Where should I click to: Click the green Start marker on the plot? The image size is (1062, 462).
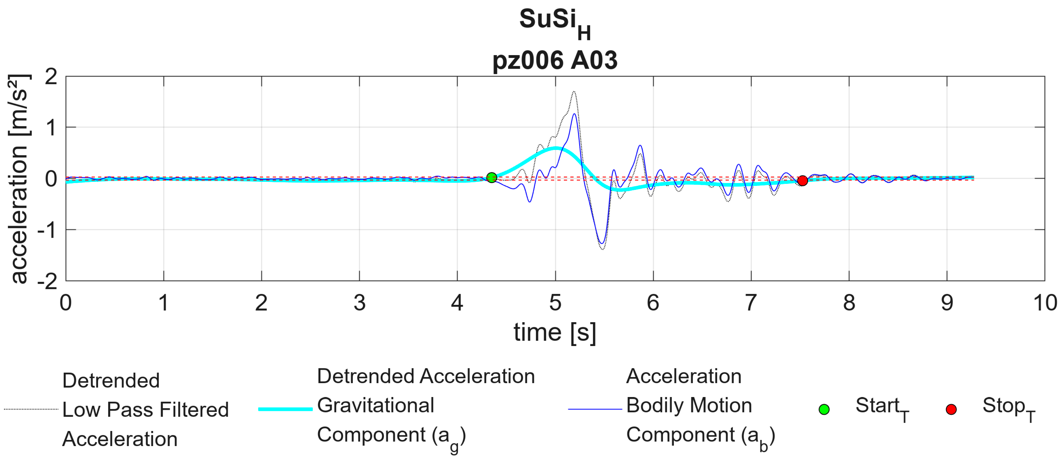pyautogui.click(x=492, y=177)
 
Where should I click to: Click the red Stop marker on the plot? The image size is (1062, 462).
pyautogui.click(x=802, y=180)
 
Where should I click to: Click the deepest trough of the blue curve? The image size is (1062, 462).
pyautogui.click(x=602, y=243)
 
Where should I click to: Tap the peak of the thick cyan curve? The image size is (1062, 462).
pyautogui.click(x=556, y=148)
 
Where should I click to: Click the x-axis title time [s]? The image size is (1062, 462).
pyautogui.click(x=555, y=332)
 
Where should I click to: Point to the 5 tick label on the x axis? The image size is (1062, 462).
pyautogui.click(x=555, y=303)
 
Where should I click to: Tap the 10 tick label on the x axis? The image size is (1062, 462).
pyautogui.click(x=1045, y=303)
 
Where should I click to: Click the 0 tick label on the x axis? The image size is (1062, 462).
pyautogui.click(x=66, y=303)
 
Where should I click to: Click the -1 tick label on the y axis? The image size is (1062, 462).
pyautogui.click(x=47, y=230)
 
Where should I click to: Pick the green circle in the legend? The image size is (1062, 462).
pyautogui.click(x=824, y=409)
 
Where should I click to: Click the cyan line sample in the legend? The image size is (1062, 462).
pyautogui.click(x=285, y=409)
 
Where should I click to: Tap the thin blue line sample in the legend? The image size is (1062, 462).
pyautogui.click(x=595, y=409)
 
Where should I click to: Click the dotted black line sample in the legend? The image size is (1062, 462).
pyautogui.click(x=31, y=409)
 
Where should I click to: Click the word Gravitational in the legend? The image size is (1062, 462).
pyautogui.click(x=375, y=405)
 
